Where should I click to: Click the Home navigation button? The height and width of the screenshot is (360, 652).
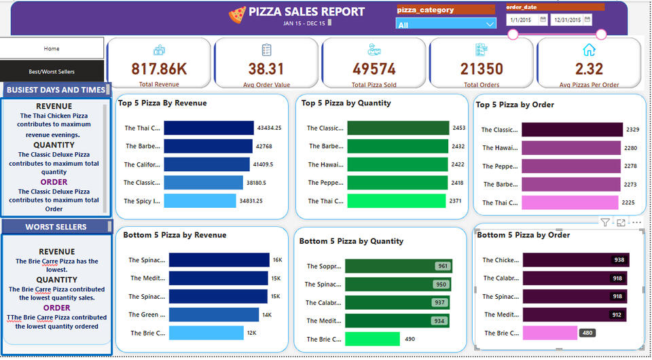click(52, 48)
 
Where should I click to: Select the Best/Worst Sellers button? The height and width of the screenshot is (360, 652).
click(52, 71)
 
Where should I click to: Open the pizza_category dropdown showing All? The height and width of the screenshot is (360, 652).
click(446, 24)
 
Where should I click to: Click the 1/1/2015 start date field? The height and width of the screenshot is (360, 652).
click(526, 20)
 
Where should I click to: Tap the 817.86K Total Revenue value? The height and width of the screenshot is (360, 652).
click(159, 69)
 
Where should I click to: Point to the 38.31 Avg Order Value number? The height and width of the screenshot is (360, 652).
click(266, 69)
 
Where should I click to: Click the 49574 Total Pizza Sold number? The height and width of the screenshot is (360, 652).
click(374, 69)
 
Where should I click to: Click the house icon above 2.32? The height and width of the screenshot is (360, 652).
click(589, 50)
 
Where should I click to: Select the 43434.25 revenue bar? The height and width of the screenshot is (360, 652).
click(209, 128)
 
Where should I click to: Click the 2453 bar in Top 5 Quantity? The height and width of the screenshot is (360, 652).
click(398, 128)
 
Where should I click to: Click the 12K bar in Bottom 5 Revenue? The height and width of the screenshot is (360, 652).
click(206, 333)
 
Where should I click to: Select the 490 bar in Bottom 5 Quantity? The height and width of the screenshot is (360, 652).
click(372, 339)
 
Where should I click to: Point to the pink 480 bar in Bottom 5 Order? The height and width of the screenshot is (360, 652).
click(549, 333)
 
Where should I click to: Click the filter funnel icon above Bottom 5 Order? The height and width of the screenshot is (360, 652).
click(604, 222)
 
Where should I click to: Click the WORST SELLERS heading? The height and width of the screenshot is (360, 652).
click(56, 227)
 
